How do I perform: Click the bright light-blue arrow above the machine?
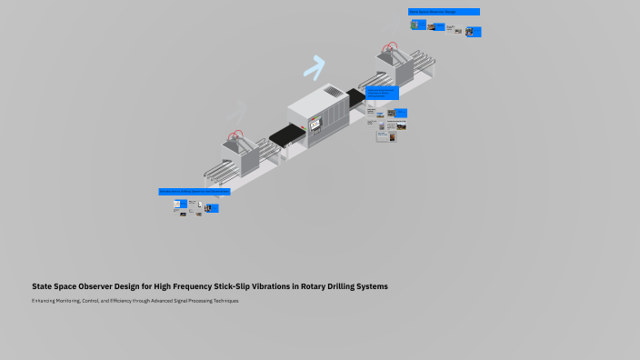(x=315, y=66)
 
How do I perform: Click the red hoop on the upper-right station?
(x=391, y=46)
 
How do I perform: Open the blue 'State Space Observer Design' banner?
(x=444, y=12)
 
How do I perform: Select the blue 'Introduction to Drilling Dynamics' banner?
(x=195, y=192)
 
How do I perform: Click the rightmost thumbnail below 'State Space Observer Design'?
(x=474, y=32)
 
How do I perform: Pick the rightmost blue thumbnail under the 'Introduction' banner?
(x=212, y=208)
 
